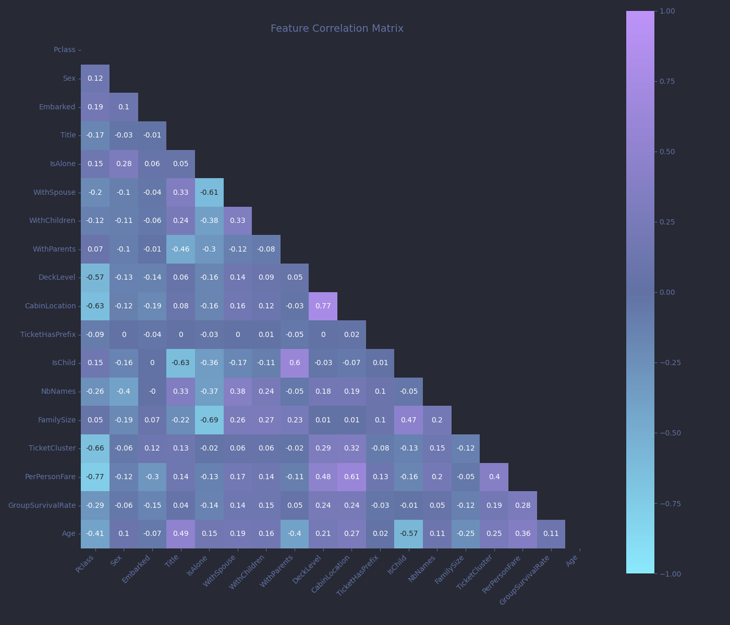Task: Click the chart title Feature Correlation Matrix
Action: pyautogui.click(x=336, y=28)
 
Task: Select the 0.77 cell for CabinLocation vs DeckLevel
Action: pyautogui.click(x=323, y=306)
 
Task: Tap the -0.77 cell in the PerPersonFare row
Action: pyautogui.click(x=95, y=477)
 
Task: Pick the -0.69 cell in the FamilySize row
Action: pyautogui.click(x=209, y=420)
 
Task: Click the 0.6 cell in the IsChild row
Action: pyautogui.click(x=294, y=363)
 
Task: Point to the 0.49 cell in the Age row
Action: pyautogui.click(x=181, y=534)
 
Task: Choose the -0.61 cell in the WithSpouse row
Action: pyautogui.click(x=209, y=193)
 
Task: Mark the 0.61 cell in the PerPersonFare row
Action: pyautogui.click(x=351, y=477)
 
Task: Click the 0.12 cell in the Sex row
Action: pyautogui.click(x=95, y=79)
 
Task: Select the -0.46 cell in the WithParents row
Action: pyautogui.click(x=181, y=249)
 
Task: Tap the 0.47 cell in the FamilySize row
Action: pyautogui.click(x=408, y=420)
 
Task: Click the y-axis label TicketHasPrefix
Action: pyautogui.click(x=48, y=334)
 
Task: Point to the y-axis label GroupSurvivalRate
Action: pyautogui.click(x=42, y=505)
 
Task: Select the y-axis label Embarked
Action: pyautogui.click(x=57, y=107)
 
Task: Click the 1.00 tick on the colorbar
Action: pyautogui.click(x=667, y=11)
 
